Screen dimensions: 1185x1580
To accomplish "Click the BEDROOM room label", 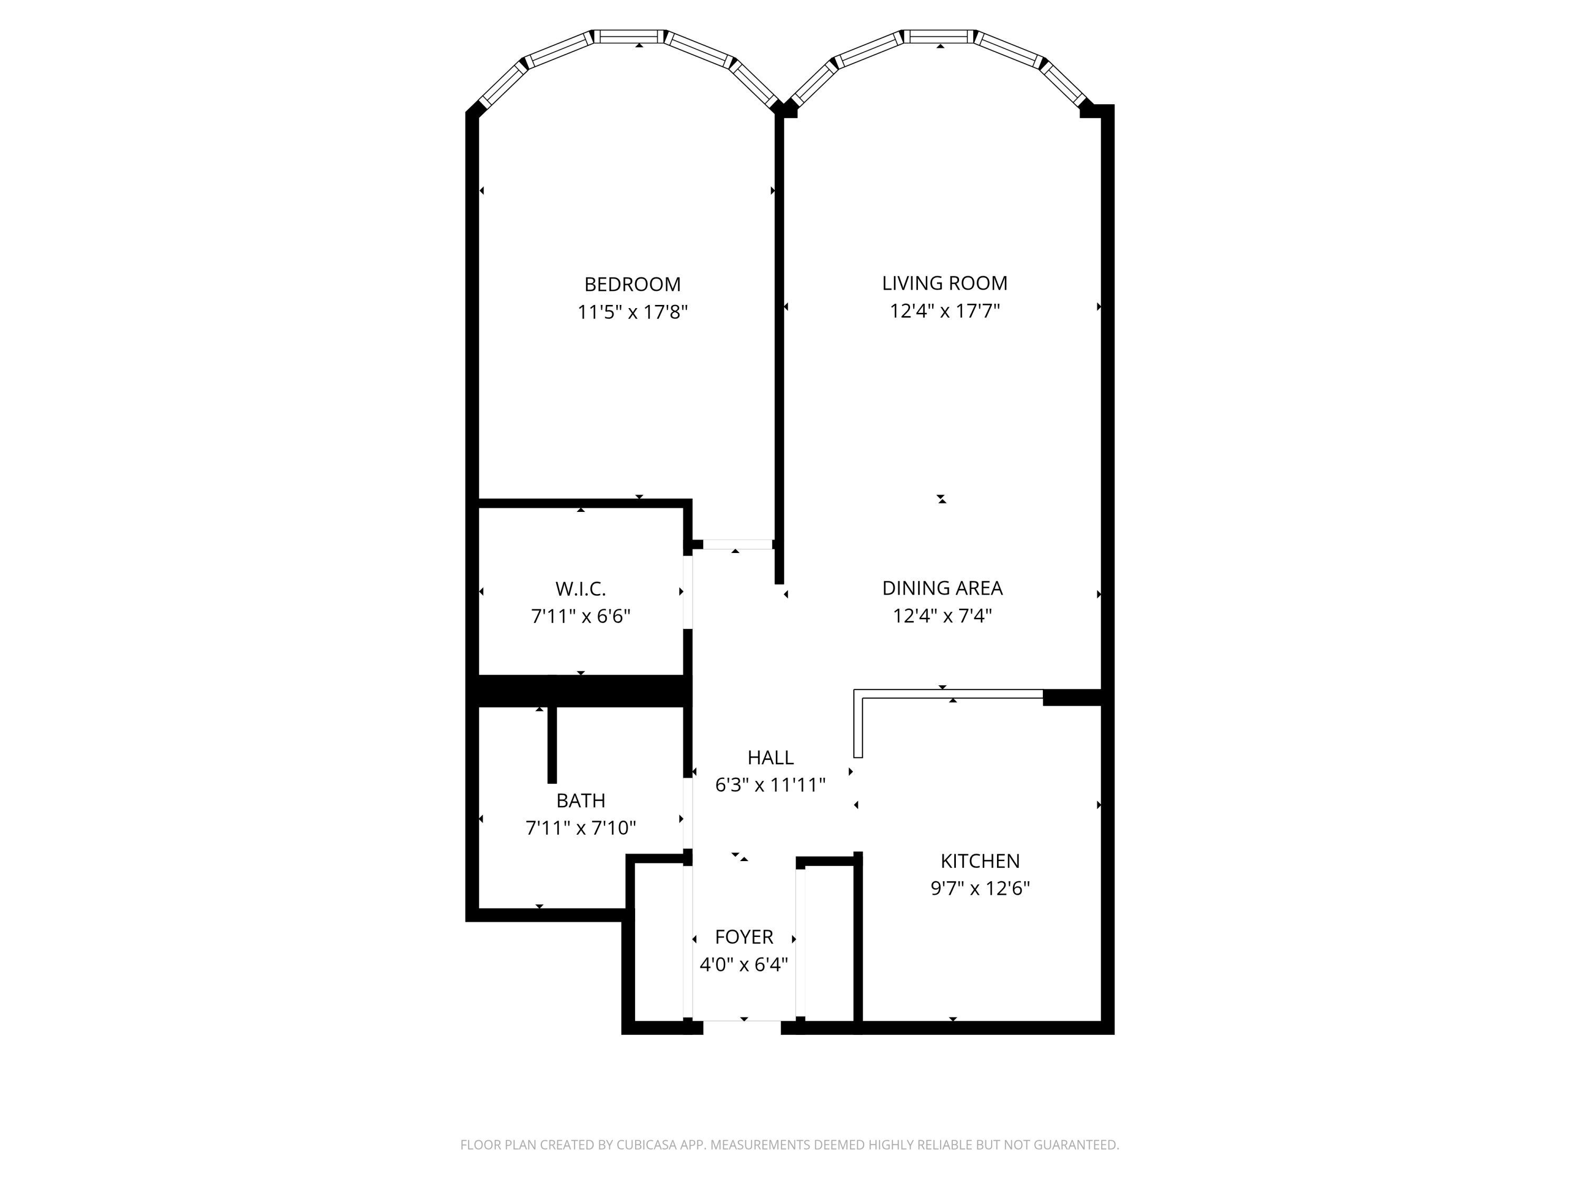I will [632, 284].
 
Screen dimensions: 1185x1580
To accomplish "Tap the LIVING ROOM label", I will [944, 283].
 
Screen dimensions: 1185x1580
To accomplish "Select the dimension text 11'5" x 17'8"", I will [632, 312].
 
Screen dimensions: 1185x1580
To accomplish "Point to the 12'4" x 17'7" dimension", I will [944, 311].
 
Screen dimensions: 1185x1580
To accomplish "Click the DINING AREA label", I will [942, 588].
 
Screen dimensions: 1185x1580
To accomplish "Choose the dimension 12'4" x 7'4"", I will [942, 616].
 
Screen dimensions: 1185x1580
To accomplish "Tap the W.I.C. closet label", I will [581, 589].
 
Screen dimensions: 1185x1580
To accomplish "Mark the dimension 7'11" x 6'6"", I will [581, 616].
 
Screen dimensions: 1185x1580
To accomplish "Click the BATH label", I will [581, 801].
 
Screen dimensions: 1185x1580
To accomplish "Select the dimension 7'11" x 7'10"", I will [581, 828].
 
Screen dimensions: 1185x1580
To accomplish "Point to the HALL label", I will [770, 757].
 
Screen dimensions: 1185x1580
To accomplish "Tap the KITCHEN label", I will [980, 861].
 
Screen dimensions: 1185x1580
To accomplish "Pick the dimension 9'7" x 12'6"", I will [980, 888].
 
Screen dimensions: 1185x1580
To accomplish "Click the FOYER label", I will [744, 936].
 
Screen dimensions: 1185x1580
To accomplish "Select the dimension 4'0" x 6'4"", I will [744, 964].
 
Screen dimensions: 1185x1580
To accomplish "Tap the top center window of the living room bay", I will [939, 36].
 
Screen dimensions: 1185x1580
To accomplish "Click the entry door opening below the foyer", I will [742, 1027].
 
